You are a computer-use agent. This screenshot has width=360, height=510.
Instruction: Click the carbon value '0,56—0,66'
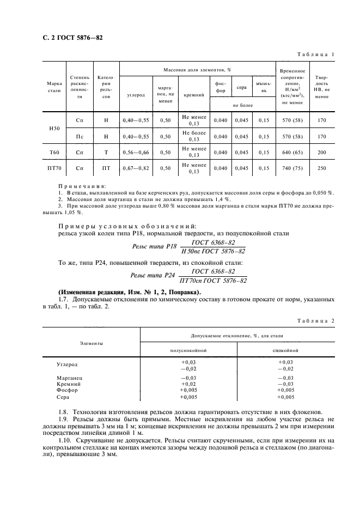(136, 152)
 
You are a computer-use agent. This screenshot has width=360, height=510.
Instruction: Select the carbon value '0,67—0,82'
(136, 168)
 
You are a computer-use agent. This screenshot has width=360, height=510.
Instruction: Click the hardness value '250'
(322, 168)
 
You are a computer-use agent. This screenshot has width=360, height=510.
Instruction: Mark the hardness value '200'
(322, 152)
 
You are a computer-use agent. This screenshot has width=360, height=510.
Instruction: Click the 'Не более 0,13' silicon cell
(194, 136)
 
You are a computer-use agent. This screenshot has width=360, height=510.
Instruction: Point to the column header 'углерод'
(136, 95)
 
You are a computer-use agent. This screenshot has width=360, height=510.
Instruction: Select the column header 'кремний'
(194, 95)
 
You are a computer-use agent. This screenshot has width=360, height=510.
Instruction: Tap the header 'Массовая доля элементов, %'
(198, 70)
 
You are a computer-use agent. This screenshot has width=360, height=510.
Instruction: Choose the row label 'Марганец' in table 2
(69, 378)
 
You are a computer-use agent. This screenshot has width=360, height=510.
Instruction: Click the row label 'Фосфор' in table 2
(67, 390)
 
